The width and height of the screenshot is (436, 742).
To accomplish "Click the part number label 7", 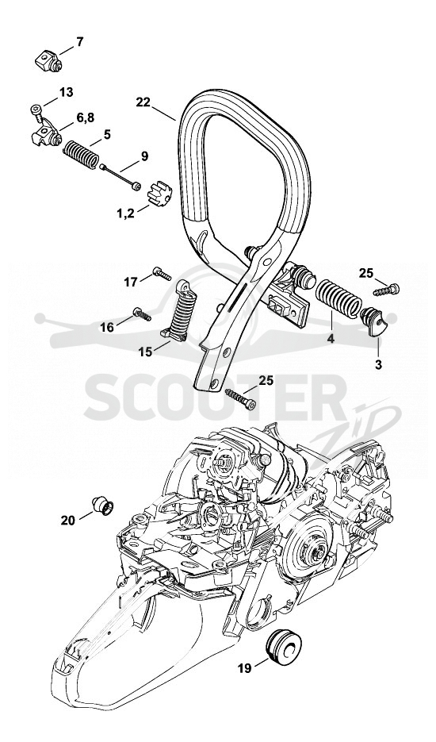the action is click(x=79, y=41).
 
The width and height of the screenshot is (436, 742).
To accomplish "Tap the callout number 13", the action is click(x=67, y=92).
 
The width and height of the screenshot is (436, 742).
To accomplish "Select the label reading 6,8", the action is click(x=85, y=118).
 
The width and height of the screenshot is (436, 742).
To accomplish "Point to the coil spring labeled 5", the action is click(x=81, y=152).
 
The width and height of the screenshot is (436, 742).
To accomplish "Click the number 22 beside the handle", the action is click(x=143, y=102).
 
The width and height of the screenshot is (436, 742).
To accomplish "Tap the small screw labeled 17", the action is click(x=162, y=273).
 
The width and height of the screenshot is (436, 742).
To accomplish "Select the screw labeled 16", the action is click(x=142, y=314).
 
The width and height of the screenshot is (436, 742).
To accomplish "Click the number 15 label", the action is click(x=146, y=352).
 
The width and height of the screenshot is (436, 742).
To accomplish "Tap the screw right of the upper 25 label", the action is click(x=386, y=290).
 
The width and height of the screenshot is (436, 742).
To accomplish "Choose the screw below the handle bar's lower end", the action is click(x=241, y=398).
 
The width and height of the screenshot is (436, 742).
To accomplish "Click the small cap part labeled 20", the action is click(x=103, y=505).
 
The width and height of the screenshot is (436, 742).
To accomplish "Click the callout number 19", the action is click(x=244, y=668).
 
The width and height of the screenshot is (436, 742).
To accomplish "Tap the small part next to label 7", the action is click(x=48, y=61).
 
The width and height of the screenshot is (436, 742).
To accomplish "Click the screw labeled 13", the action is click(x=36, y=110).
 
